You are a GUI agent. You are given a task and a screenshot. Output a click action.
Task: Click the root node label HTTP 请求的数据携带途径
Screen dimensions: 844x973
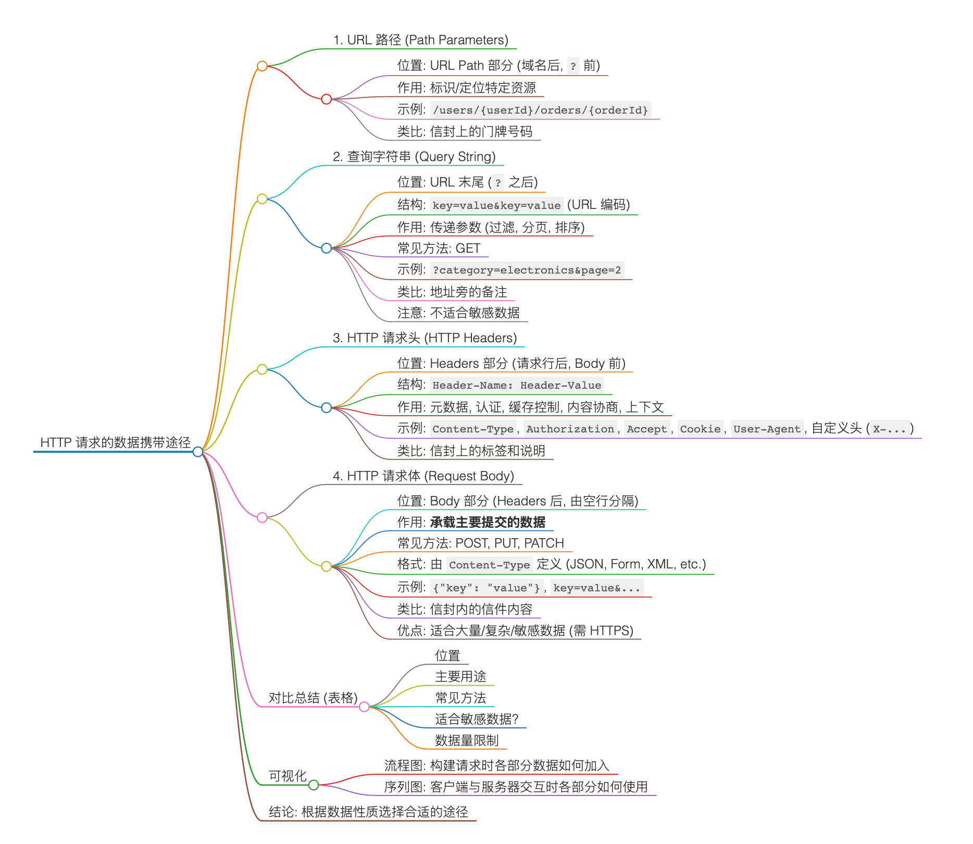click(115, 443)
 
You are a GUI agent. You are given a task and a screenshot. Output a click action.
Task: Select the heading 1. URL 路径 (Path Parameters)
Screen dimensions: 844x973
click(420, 40)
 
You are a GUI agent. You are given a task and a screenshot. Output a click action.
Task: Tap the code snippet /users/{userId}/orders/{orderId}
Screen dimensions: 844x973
click(540, 110)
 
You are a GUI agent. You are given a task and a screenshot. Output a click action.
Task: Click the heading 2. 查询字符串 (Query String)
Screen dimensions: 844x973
click(414, 157)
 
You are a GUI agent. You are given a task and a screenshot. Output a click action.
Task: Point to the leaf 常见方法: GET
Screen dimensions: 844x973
click(439, 249)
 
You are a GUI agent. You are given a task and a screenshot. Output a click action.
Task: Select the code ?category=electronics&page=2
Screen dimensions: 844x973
click(527, 270)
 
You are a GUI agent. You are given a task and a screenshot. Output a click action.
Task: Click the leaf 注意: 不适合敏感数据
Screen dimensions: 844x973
click(458, 313)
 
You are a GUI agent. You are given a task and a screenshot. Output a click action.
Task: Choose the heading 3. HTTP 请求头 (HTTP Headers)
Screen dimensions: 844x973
click(425, 338)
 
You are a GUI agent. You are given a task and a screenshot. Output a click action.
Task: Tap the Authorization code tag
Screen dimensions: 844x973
click(570, 429)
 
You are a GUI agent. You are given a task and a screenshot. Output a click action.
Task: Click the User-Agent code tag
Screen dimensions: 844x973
click(767, 429)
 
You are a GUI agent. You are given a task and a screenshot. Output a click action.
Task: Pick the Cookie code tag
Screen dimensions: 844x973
click(700, 429)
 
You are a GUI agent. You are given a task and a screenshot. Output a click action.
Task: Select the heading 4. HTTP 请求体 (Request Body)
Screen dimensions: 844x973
click(423, 476)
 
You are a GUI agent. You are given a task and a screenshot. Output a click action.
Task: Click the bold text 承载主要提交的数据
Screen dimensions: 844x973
click(488, 522)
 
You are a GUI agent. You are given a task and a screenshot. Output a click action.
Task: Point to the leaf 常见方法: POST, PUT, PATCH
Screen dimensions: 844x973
click(480, 543)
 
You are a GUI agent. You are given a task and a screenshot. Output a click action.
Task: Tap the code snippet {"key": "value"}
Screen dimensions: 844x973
click(487, 588)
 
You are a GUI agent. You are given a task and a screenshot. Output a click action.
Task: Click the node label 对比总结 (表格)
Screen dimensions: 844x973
click(313, 698)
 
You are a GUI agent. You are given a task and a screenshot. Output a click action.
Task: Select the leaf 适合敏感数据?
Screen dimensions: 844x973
click(477, 719)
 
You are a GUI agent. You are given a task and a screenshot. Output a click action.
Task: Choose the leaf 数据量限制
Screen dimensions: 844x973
click(467, 740)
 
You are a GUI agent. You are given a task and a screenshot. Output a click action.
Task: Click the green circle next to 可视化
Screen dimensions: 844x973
click(314, 785)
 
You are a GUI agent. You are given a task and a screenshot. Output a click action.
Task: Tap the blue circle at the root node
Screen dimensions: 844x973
click(198, 452)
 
